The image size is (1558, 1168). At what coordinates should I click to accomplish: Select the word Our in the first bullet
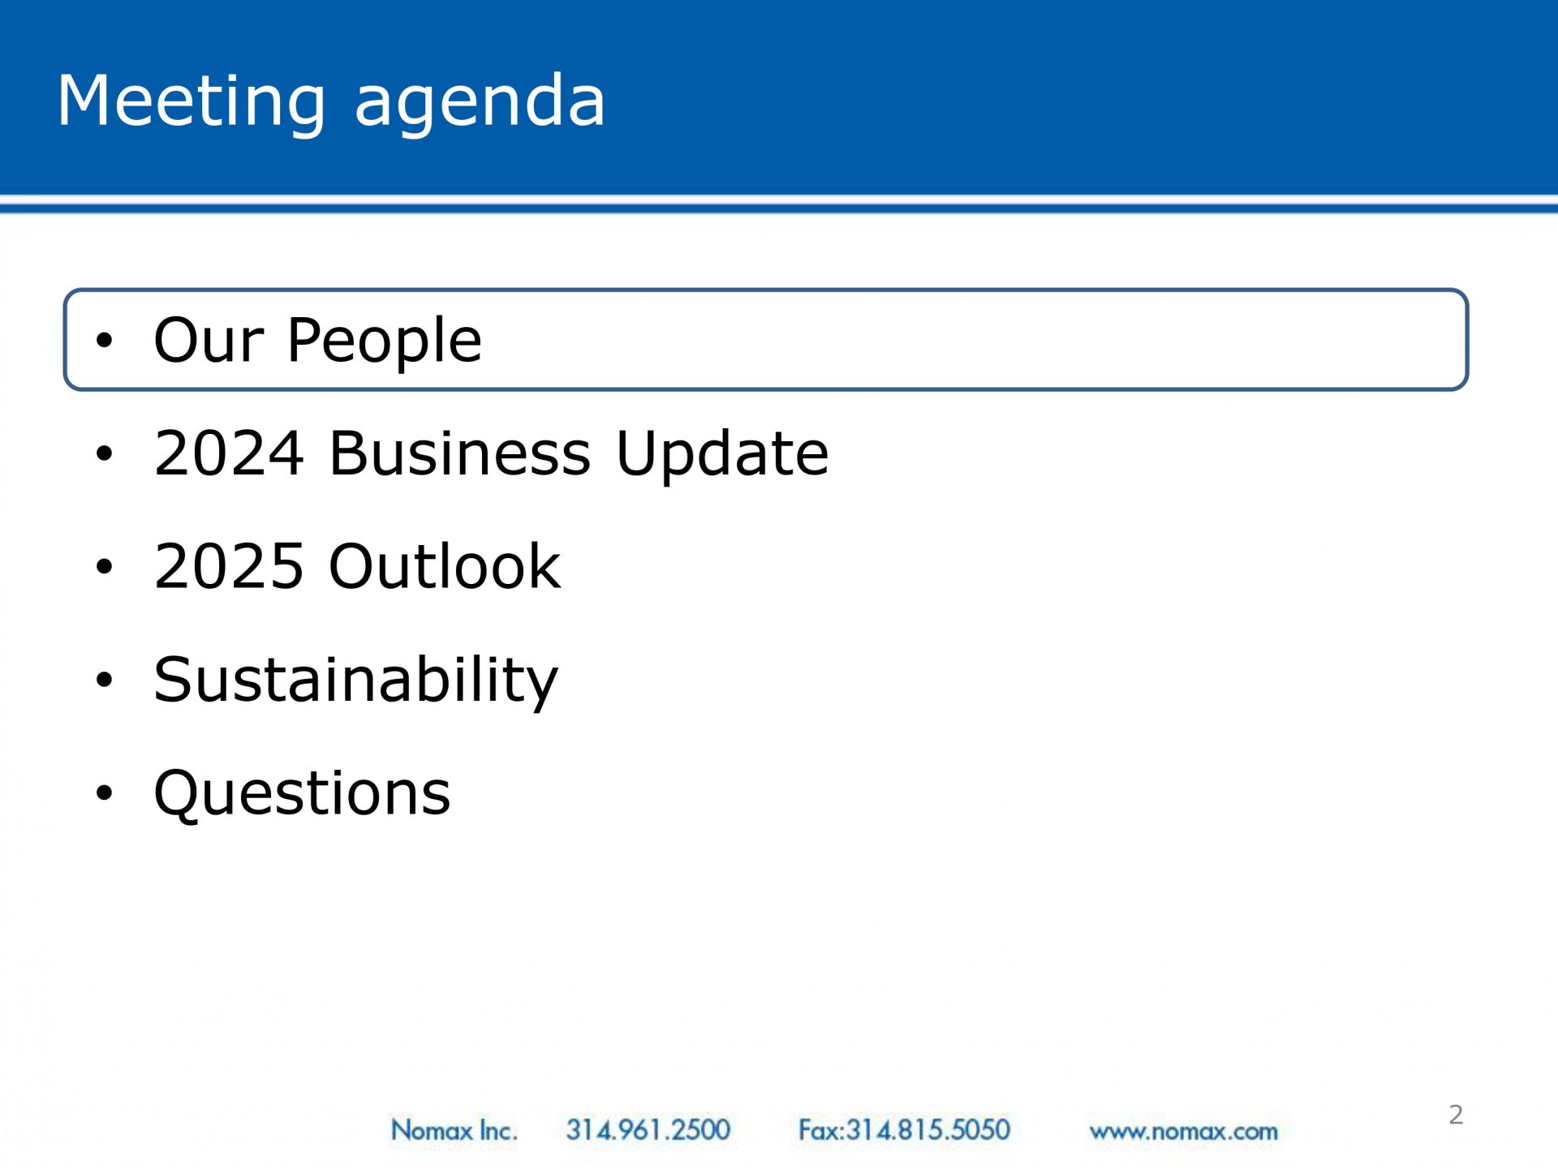[209, 340]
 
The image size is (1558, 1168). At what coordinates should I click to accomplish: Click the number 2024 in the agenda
[230, 453]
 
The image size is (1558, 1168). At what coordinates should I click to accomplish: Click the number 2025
[230, 566]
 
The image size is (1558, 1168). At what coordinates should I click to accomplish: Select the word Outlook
[445, 565]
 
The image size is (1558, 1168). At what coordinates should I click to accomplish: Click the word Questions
[302, 793]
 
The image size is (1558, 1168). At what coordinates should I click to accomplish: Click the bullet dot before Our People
[104, 341]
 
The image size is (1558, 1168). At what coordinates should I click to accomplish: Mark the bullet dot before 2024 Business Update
[104, 453]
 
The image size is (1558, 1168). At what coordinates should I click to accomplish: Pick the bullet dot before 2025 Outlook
[104, 566]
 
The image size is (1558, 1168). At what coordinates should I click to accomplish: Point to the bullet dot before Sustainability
[104, 680]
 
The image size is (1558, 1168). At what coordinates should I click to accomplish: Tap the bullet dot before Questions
[104, 792]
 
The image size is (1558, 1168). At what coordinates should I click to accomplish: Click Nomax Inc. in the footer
[454, 1130]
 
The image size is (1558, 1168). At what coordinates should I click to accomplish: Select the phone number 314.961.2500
[648, 1130]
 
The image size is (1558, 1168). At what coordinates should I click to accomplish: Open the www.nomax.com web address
[1183, 1131]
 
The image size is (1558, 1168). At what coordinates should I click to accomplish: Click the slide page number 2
[1456, 1115]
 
